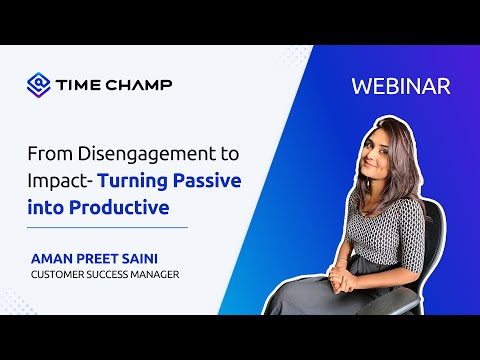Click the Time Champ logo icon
[39, 84]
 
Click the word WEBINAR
[401, 86]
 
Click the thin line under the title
[109, 228]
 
